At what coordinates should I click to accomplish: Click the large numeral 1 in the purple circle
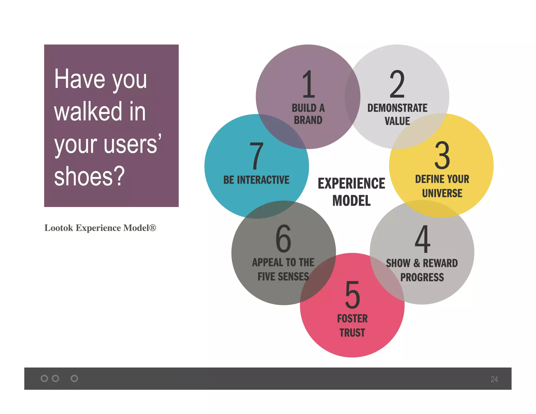point(308,84)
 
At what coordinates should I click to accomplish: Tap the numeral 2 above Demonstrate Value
point(397,84)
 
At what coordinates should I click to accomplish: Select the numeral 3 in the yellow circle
point(442,155)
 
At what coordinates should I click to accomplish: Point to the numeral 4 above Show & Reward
point(422,239)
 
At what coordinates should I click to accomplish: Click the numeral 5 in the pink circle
point(353,295)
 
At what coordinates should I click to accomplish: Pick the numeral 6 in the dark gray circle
point(283,239)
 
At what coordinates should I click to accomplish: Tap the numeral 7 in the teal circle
point(256,156)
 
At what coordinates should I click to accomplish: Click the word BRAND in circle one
point(308,120)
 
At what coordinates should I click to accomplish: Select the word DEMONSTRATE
point(397,108)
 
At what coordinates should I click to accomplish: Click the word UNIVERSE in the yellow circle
point(442,193)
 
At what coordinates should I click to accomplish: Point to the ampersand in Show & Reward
point(417,263)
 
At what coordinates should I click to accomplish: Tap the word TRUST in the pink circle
point(352,333)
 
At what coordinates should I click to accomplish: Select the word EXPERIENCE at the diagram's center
point(351,183)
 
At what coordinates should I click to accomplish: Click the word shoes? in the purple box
point(89,176)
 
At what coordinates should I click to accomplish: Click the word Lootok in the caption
point(59,228)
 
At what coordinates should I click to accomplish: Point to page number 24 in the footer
point(494,379)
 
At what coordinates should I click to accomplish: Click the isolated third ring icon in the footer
point(74,378)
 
